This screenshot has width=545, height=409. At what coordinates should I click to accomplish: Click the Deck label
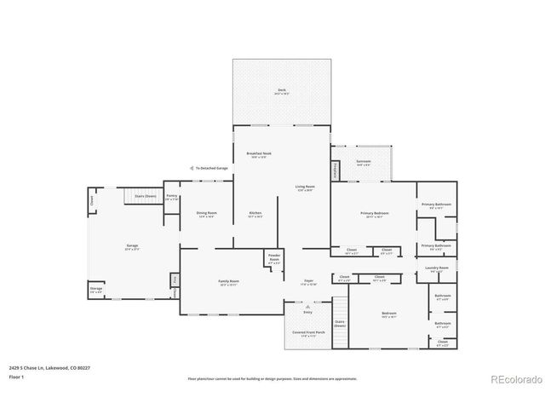coord(281,91)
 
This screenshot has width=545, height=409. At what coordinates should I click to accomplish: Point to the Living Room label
coord(305,187)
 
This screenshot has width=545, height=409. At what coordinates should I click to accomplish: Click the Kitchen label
coord(255,214)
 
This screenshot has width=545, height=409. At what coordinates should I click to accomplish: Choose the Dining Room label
coord(207,214)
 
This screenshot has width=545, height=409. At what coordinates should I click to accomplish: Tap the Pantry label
coord(171,197)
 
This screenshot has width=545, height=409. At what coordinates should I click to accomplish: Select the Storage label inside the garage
coord(96,290)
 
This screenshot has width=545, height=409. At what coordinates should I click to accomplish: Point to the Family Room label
coord(229,282)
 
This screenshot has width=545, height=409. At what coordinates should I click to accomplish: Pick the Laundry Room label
coord(437,268)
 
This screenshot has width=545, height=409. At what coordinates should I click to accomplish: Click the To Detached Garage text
coord(211,168)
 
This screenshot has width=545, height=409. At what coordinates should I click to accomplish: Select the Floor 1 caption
coord(16,376)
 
